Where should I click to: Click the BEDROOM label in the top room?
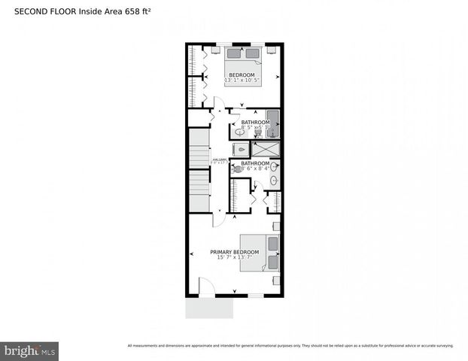(x=242, y=74)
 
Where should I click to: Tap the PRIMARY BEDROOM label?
(x=235, y=251)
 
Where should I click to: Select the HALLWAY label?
(x=220, y=159)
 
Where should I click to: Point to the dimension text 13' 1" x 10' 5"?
(x=242, y=80)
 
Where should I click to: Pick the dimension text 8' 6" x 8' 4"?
(x=255, y=168)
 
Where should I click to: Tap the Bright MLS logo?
(x=30, y=350)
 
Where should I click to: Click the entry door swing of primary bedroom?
(x=219, y=217)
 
